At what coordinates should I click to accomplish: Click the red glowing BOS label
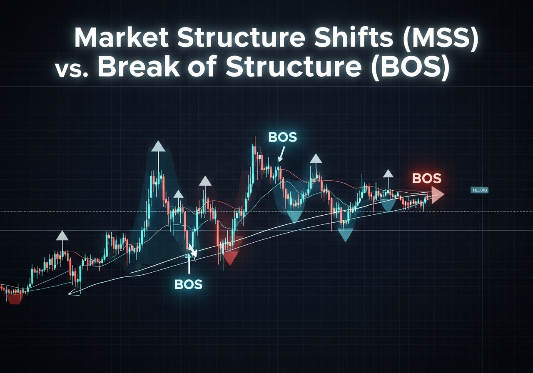[x=426, y=179]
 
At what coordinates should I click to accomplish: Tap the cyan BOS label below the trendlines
[x=188, y=284]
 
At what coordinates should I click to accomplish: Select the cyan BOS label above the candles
[x=283, y=138]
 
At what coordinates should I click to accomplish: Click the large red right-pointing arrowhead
[x=438, y=195]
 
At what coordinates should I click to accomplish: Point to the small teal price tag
[x=479, y=190]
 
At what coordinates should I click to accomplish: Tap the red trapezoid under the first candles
[x=15, y=299]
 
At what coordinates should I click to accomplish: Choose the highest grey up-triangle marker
[x=158, y=146]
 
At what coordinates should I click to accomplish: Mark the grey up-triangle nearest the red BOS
[x=388, y=174]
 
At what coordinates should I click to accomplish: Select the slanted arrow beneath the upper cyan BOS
[x=281, y=155]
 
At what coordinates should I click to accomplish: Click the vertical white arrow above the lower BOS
[x=189, y=260]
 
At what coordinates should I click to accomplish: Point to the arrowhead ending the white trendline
[x=71, y=294]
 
